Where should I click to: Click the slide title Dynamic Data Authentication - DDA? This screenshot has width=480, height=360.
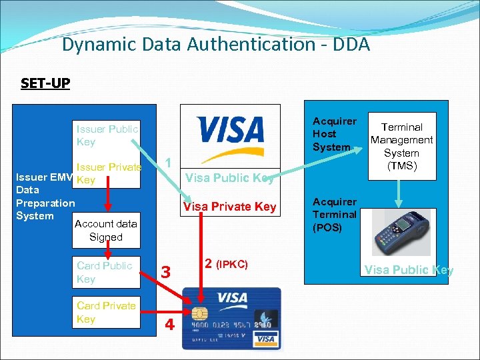(215, 45)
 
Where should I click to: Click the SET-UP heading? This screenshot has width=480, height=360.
(45, 83)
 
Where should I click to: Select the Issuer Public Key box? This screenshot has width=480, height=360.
(107, 135)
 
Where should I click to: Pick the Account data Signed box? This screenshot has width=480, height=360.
(106, 230)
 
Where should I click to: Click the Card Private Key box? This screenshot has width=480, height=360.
(106, 312)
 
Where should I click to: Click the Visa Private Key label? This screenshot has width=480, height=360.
(229, 207)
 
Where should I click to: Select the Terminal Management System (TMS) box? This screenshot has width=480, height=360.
(401, 146)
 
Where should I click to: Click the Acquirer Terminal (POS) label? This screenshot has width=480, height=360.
(335, 215)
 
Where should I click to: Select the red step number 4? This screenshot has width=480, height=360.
(169, 325)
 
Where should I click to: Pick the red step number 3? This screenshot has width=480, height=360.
(167, 272)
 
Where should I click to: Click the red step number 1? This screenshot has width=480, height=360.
(169, 162)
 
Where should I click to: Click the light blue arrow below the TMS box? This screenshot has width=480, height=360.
(401, 194)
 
